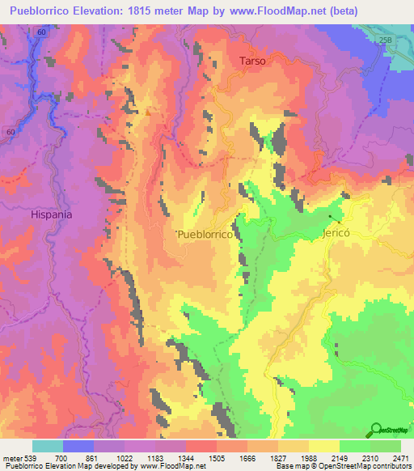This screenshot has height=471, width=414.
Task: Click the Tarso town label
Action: pyautogui.click(x=252, y=61)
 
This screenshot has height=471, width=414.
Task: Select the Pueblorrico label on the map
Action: pyautogui.click(x=205, y=233)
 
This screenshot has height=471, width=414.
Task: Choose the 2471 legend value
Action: pyautogui.click(x=399, y=459)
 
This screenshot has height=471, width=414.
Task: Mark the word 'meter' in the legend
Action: pyautogui.click(x=13, y=459)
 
